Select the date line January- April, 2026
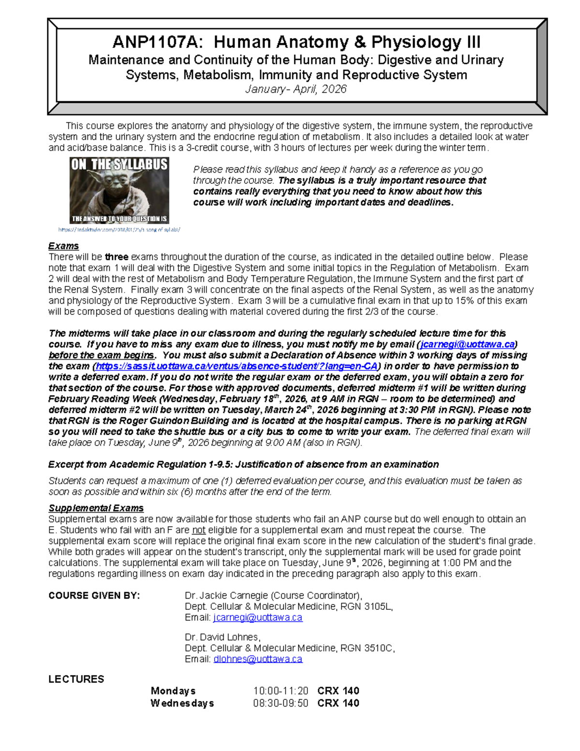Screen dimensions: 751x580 pos(296,89)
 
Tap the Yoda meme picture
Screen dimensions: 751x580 pos(119,190)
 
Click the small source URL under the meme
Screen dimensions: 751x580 pos(119,230)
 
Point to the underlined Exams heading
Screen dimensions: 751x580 pos(63,246)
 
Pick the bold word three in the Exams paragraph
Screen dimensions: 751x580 pos(116,257)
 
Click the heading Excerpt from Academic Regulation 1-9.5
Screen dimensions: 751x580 pos(243,465)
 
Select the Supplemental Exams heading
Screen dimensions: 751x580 pos(96,508)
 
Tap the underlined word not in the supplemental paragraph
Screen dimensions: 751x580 pos(199,530)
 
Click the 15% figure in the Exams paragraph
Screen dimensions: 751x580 pos(460,301)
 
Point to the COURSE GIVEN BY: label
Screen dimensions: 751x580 pos(94,596)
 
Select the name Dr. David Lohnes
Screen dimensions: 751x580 pos(222,637)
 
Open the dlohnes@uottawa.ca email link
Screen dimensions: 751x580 pos(258,659)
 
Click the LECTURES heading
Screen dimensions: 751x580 pos(76,679)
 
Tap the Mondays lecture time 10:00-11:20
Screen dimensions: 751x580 pos(280,691)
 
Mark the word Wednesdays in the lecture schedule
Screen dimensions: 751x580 pos(182,703)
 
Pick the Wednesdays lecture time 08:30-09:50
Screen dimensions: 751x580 pos(280,703)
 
